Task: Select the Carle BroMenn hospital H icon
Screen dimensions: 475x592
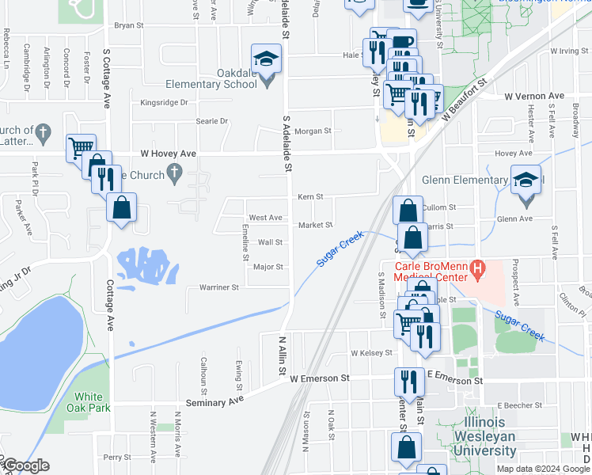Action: coord(477,270)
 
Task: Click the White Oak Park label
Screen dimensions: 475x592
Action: coord(93,402)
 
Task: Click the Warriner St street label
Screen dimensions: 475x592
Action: coord(219,287)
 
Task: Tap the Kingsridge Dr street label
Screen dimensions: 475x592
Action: coord(164,102)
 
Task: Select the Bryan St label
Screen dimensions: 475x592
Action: coord(128,25)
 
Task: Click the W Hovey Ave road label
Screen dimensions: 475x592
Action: coord(168,153)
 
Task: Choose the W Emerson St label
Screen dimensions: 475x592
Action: coord(319,379)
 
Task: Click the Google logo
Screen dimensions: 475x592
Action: coord(25,465)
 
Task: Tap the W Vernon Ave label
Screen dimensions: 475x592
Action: coord(534,96)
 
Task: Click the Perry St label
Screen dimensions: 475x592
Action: coord(116,457)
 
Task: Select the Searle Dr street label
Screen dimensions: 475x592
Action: coord(211,121)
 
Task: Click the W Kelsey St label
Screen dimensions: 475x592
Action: coord(371,352)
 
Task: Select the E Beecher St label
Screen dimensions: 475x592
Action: coord(521,405)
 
